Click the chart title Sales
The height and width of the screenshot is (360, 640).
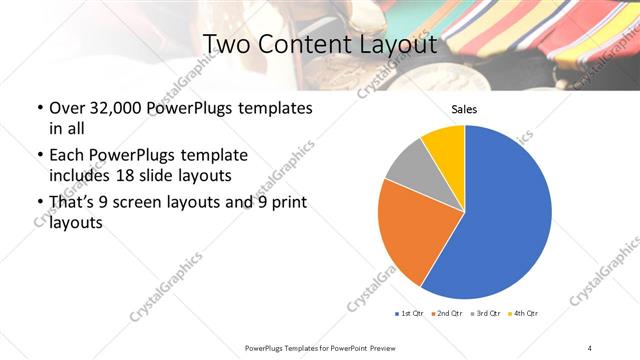(x=464, y=109)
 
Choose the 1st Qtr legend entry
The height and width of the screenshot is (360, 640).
(x=412, y=314)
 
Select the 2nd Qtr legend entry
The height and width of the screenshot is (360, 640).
(x=446, y=314)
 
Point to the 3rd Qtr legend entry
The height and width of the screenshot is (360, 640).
(x=487, y=314)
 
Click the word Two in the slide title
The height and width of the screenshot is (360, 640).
(x=225, y=46)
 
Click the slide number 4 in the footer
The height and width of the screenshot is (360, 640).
(x=590, y=347)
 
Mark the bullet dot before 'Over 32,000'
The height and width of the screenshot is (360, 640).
(x=39, y=108)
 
